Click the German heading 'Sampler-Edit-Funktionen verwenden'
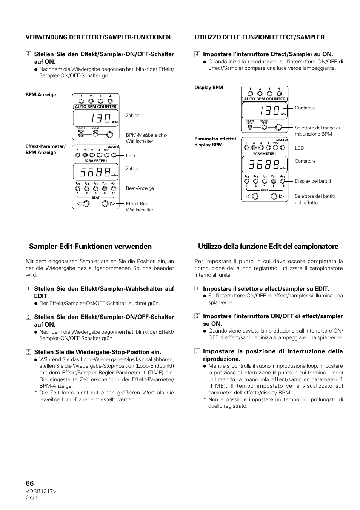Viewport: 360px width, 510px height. tap(90, 246)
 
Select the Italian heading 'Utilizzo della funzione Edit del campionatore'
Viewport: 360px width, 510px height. tap(268, 246)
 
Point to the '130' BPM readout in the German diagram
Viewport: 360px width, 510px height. tap(101, 118)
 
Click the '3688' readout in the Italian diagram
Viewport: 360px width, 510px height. tap(264, 164)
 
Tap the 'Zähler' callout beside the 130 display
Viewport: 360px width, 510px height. tap(132, 116)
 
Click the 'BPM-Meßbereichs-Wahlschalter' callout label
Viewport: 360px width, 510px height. tap(146, 138)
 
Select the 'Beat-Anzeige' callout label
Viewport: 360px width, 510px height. tap(140, 188)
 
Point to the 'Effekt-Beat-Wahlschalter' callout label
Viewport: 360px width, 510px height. tap(140, 207)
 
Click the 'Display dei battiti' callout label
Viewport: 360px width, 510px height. tap(313, 181)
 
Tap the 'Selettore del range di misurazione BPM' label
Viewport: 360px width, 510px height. tap(317, 131)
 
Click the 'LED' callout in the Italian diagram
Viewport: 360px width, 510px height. tap(299, 148)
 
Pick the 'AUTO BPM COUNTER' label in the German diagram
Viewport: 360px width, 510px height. tap(95, 106)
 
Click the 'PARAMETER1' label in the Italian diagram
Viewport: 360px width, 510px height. tap(265, 154)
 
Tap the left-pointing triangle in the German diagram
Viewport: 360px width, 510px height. tap(79, 204)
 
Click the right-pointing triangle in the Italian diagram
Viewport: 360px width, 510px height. tap(282, 196)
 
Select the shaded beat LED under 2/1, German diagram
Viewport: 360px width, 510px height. tap(105, 189)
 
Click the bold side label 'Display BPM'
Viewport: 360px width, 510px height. tap(209, 88)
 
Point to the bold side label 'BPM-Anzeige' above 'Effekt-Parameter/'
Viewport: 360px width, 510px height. tap(41, 95)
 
